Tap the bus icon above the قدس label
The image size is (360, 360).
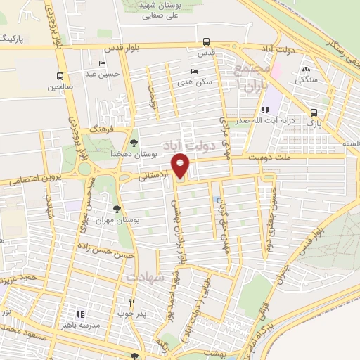point(206,42)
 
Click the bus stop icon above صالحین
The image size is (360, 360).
point(60,76)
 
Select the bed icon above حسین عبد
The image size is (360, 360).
point(103,63)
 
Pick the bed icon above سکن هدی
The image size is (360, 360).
point(194,71)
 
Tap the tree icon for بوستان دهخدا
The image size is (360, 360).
point(134,143)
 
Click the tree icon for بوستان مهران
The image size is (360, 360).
point(117,208)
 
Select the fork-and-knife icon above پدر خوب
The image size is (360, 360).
point(131,302)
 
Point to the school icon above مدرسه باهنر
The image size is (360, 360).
point(79,314)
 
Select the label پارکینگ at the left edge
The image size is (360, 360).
point(13,37)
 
